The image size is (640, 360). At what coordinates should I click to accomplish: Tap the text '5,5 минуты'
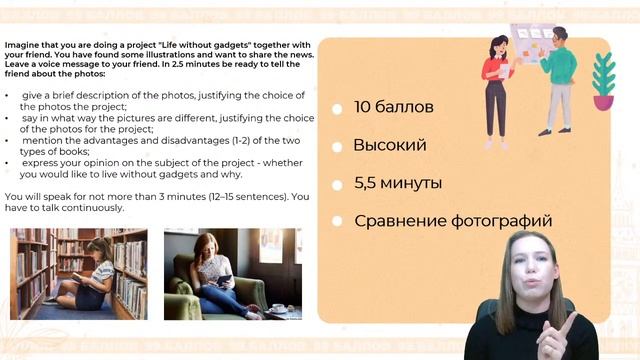[398, 183]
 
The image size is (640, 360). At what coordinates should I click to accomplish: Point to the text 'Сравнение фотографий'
[452, 221]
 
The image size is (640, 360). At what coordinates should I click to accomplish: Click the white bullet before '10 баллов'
[337, 108]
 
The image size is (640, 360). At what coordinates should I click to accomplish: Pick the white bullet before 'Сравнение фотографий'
[337, 221]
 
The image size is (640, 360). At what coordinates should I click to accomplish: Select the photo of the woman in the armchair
[232, 273]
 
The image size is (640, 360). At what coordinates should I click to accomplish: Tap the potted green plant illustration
[603, 80]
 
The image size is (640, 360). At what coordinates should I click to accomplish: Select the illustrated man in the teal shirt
[557, 80]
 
